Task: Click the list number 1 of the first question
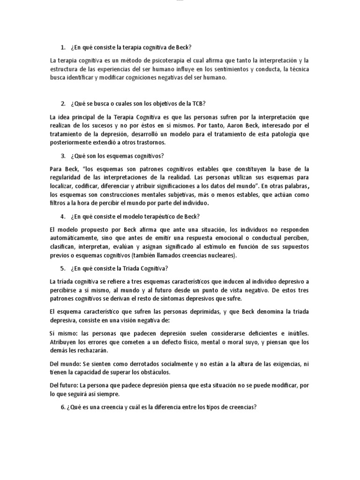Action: click(x=63, y=48)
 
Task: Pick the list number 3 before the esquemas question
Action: click(x=63, y=156)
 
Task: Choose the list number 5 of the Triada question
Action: click(x=63, y=268)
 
